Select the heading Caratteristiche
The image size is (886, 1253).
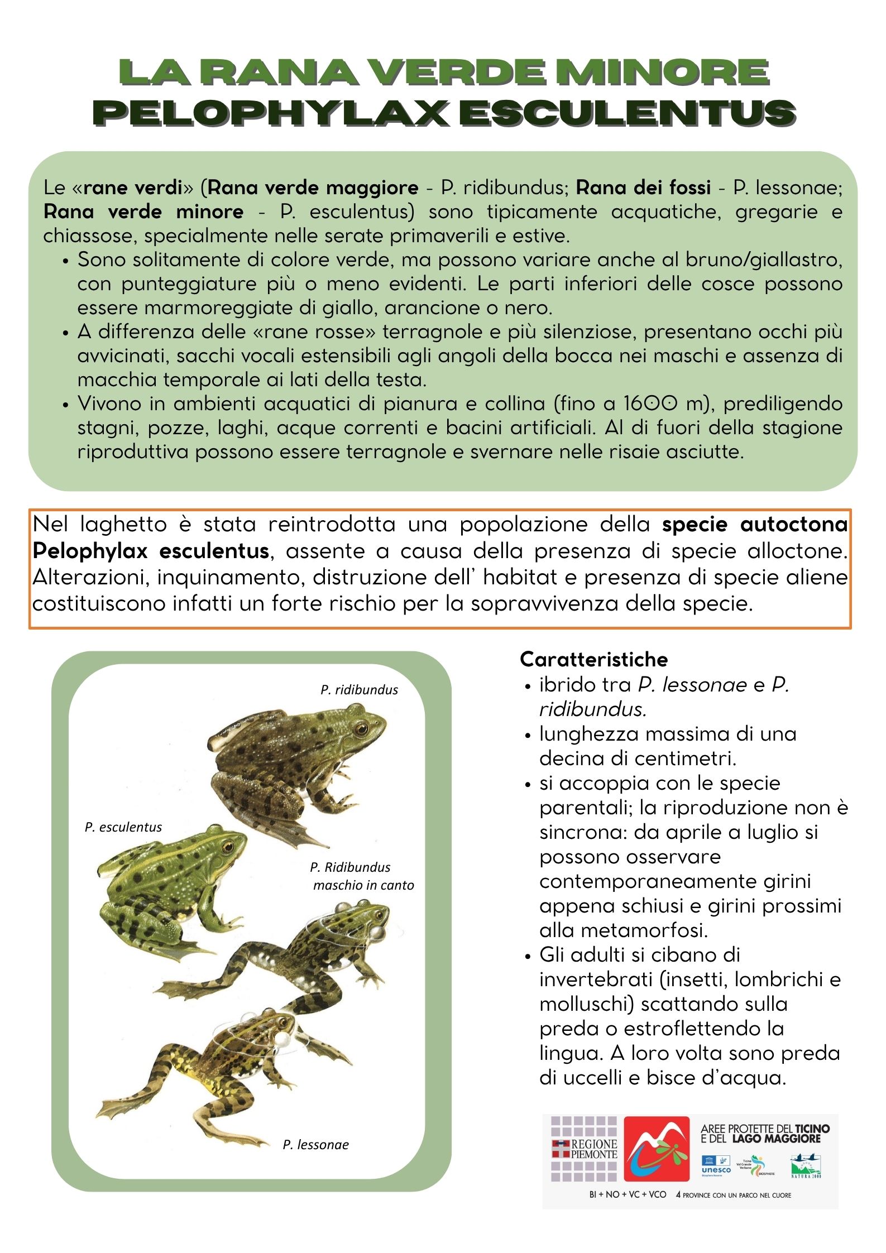point(593,659)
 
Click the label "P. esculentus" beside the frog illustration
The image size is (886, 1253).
point(123,827)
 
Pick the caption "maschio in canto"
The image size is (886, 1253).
point(363,885)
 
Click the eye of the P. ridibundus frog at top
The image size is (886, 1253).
point(362,728)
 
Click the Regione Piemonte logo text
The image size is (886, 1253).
point(594,1149)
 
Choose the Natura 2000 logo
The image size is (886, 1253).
point(806,1166)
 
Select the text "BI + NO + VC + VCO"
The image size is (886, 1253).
point(628,1195)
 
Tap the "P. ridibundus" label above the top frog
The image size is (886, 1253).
point(359,690)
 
